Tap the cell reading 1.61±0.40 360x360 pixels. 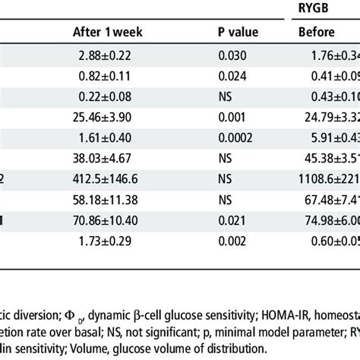point(113,140)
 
